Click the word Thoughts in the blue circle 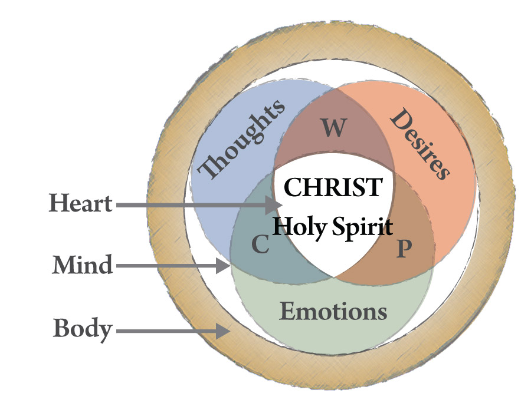[242, 138]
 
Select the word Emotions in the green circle [333, 311]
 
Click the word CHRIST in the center [332, 187]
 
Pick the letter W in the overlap [334, 127]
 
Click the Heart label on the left [80, 204]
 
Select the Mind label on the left [82, 265]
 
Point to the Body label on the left [82, 329]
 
